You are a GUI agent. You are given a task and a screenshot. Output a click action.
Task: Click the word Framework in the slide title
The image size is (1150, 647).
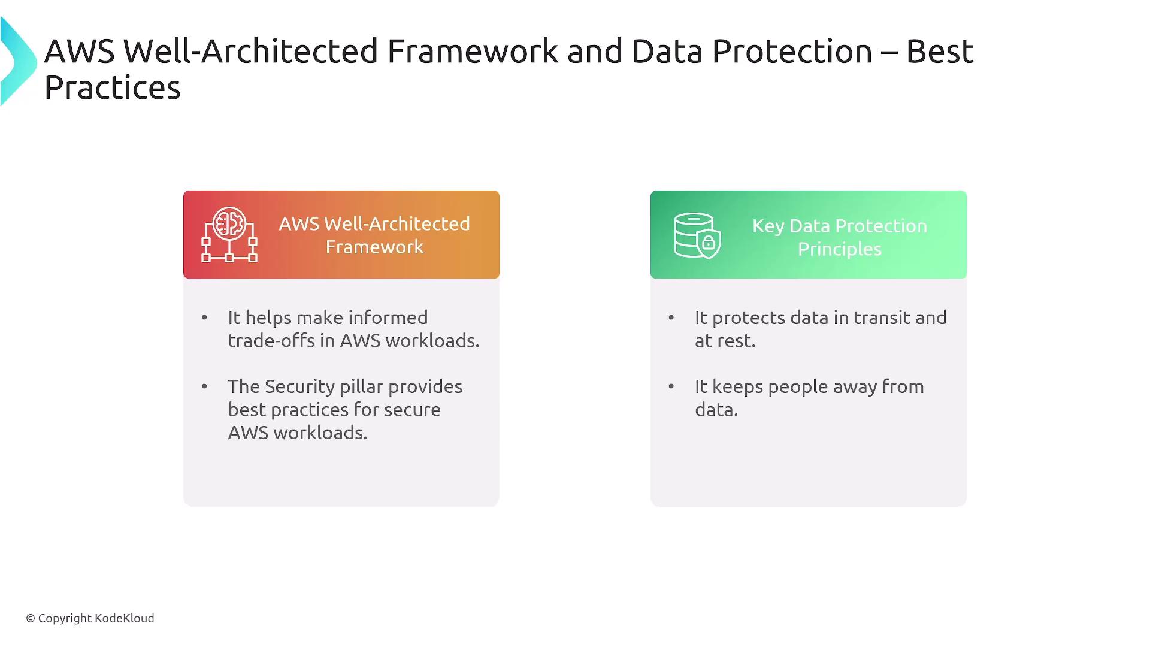tap(473, 51)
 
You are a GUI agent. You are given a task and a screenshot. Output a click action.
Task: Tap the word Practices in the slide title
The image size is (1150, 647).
tap(112, 87)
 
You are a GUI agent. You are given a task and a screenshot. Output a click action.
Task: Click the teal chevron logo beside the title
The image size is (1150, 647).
tap(18, 61)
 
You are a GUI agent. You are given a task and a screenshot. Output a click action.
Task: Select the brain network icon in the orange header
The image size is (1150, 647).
tap(229, 234)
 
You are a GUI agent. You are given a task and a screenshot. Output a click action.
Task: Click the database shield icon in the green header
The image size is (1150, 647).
tap(697, 235)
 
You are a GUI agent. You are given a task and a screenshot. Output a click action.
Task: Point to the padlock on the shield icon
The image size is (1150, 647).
tap(709, 243)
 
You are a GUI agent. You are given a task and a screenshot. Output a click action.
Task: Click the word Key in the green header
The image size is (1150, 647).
tap(768, 226)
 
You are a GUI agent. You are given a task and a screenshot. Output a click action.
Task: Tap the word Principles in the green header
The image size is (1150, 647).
tap(840, 249)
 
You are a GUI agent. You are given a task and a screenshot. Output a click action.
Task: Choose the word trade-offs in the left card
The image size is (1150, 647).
tap(271, 340)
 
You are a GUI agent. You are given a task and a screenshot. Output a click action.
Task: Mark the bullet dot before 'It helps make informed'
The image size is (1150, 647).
tap(205, 318)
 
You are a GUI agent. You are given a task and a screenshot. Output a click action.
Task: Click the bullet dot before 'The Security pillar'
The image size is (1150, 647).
tap(205, 386)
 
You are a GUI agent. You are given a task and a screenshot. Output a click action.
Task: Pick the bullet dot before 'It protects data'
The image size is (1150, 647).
tap(671, 318)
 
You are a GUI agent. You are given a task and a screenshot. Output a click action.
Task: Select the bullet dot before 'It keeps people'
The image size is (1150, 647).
tap(671, 386)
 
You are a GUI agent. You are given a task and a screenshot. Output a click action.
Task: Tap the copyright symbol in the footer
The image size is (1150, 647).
tap(31, 618)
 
